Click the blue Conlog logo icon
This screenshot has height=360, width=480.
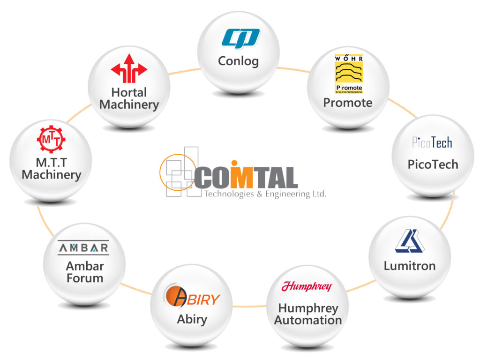pos(240,38)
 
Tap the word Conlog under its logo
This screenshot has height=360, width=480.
pos(238,61)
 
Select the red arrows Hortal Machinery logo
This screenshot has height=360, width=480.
pos(129,68)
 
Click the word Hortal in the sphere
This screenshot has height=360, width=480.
pos(129,92)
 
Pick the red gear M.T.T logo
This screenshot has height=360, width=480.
pos(51,139)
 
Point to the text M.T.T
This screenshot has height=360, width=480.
pos(52,163)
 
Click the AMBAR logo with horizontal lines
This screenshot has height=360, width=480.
pos(83,247)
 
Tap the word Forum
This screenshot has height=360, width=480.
pos(85,278)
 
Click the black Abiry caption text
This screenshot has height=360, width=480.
pos(192,320)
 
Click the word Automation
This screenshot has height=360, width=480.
pos(308,321)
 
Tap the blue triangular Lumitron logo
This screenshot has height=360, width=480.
pos(409,241)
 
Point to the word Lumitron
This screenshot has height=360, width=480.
pos(409,266)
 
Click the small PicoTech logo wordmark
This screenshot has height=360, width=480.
pos(432,142)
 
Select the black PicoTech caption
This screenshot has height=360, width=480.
pos(432,165)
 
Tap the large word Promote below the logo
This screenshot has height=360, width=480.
pos(348,103)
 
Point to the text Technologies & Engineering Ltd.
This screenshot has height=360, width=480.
pos(265,194)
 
